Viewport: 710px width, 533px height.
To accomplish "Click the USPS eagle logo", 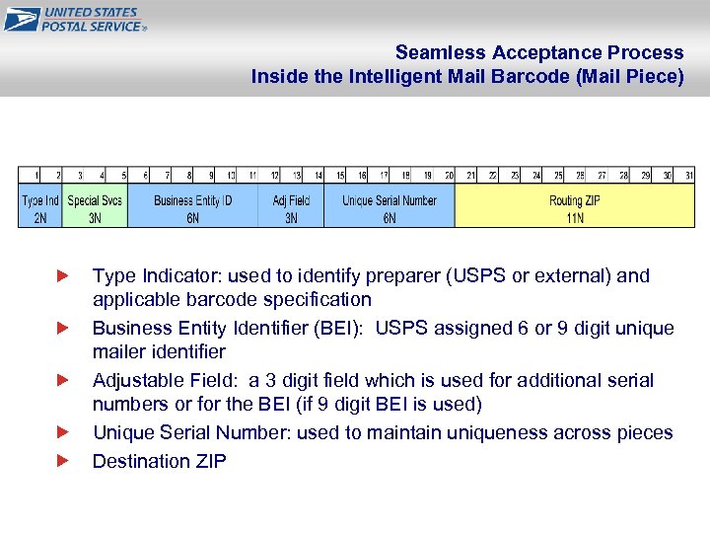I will coord(22,19).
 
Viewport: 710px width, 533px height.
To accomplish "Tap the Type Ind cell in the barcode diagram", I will coord(40,207).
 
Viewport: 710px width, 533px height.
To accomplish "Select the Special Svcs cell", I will coord(95,207).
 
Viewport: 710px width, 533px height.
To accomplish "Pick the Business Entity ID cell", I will coord(192,207).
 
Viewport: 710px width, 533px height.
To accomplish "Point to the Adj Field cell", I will coord(291,207).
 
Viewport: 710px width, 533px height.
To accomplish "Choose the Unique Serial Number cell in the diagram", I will coord(390,207).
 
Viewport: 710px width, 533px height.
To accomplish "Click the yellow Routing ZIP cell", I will coord(575,207).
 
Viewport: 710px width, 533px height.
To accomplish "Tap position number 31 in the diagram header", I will coord(688,176).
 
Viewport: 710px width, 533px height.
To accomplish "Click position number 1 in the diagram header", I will coord(36,176).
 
